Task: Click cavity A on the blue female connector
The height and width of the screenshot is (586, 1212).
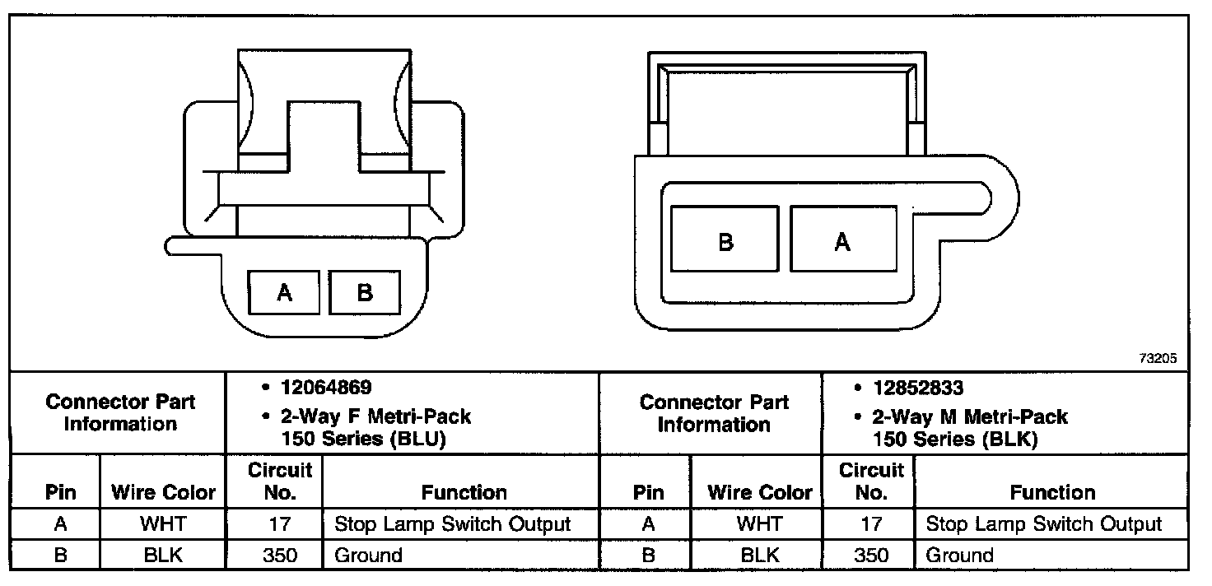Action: pyautogui.click(x=284, y=292)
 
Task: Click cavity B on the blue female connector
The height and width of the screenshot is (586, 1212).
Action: pyautogui.click(x=364, y=292)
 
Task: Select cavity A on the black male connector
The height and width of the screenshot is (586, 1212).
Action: pyautogui.click(x=842, y=240)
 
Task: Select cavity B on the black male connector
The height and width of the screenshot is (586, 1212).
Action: pyautogui.click(x=725, y=240)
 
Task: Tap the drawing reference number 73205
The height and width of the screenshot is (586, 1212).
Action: pyautogui.click(x=1158, y=359)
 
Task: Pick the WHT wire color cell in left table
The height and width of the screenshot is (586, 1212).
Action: pyautogui.click(x=162, y=524)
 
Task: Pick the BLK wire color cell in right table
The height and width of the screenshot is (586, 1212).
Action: pyautogui.click(x=759, y=556)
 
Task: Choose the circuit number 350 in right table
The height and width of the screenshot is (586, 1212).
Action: pyautogui.click(x=871, y=556)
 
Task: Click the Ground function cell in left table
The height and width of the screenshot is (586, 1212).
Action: pyautogui.click(x=368, y=556)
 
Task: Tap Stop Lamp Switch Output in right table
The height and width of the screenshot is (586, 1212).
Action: pyautogui.click(x=1044, y=524)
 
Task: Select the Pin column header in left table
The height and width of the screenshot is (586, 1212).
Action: pyautogui.click(x=61, y=492)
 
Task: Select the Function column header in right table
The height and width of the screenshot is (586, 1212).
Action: pyautogui.click(x=1052, y=492)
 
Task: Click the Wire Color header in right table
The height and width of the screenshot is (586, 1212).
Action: pyautogui.click(x=759, y=492)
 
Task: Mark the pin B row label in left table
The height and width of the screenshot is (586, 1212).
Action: pyautogui.click(x=60, y=556)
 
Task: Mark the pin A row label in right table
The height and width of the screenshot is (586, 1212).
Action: pyautogui.click(x=648, y=524)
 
